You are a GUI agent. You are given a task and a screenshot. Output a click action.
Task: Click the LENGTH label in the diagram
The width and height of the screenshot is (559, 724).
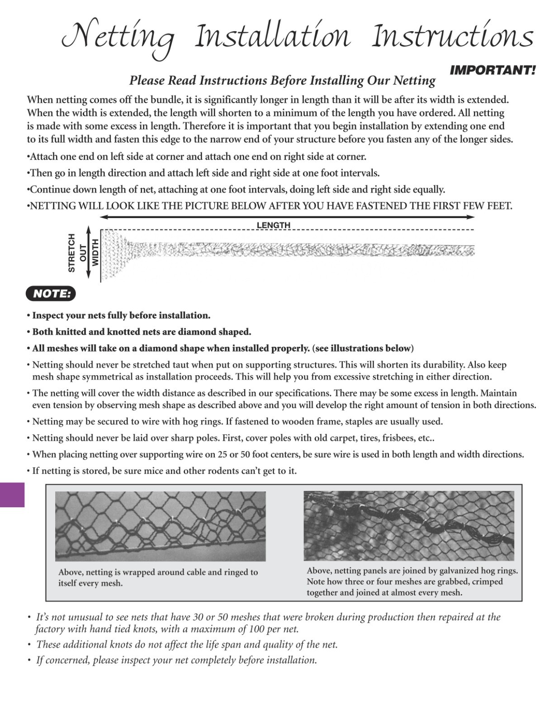pos(274,225)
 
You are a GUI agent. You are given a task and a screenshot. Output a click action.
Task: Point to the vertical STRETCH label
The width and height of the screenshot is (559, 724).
pos(71,253)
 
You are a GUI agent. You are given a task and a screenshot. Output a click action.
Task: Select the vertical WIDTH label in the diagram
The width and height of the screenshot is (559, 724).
pos(95,253)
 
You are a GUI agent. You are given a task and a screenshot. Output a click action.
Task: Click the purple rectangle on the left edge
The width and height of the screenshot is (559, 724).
pos(12,495)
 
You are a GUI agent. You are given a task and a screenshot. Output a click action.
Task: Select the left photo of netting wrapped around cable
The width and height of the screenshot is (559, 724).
pos(160,526)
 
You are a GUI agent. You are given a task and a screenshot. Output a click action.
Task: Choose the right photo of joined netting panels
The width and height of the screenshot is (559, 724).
pos(409,525)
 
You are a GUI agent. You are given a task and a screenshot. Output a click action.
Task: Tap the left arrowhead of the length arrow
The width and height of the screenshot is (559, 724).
pos(103,218)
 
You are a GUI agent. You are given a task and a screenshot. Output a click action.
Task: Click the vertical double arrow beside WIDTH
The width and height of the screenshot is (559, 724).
pos(89,253)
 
